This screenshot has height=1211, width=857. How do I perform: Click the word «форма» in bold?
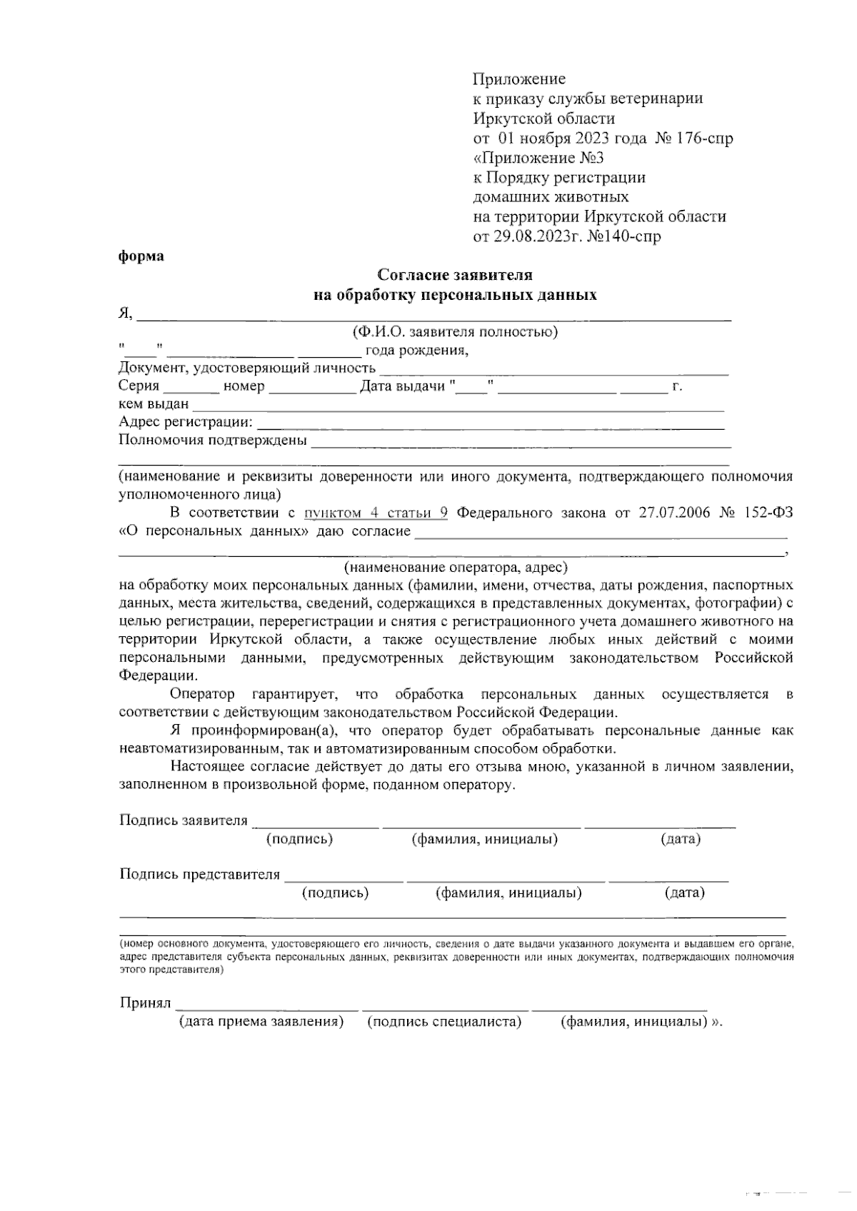[141, 256]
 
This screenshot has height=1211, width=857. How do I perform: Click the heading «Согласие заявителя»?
[455, 275]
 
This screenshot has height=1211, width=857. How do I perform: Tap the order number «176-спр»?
[703, 138]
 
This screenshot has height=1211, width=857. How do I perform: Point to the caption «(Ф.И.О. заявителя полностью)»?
[455, 332]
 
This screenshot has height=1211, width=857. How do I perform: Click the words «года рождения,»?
[416, 351]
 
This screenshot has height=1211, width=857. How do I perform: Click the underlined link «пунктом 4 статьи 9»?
[376, 513]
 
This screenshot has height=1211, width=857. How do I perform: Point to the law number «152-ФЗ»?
[768, 513]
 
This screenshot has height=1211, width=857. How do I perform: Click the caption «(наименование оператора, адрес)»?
[456, 568]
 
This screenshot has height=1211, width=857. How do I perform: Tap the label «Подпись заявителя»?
[184, 820]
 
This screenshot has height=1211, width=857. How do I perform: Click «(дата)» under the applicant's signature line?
[680, 839]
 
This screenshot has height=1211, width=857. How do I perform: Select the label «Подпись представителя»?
[199, 874]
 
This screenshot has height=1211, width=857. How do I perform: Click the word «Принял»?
[145, 1003]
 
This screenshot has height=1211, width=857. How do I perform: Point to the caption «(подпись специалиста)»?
[444, 1022]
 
